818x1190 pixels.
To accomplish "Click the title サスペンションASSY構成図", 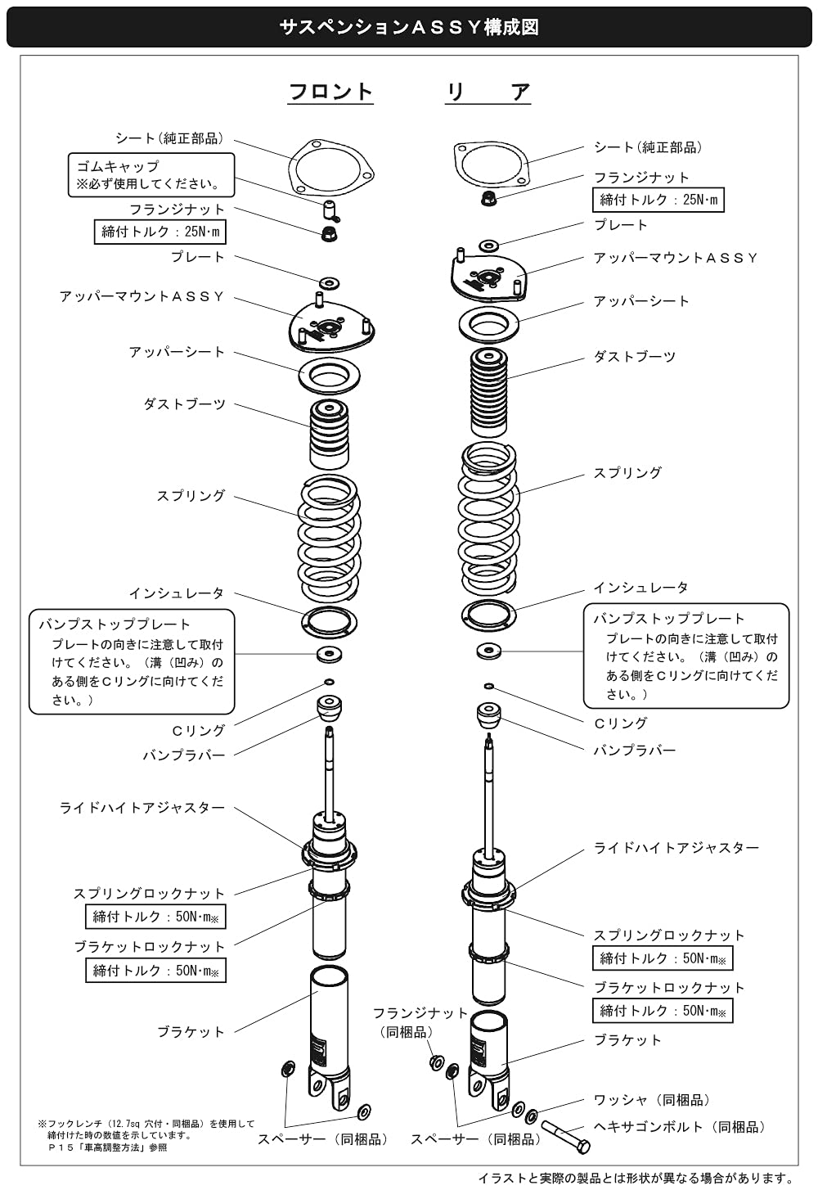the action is pos(409,27).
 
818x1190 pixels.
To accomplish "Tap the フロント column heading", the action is pos(330,92).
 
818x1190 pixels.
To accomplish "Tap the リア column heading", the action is pos(488,92).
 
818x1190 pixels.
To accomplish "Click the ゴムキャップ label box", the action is pos(151,175).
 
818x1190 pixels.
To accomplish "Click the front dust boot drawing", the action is pos(329,434).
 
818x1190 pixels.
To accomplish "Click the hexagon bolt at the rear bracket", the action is pos(565,1138).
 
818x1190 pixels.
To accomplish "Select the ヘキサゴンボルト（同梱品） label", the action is pos(680,1126).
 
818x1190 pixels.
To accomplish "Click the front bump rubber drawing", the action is pos(329,707).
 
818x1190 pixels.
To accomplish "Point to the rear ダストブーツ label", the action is pos(634,357).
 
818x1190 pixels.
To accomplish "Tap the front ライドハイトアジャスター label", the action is pos(142,808).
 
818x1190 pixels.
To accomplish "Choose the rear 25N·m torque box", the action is pos(658,200).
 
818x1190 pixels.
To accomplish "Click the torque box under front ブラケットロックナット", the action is pos(155,971).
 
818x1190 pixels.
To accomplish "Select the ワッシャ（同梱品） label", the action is pos(652,1100).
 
